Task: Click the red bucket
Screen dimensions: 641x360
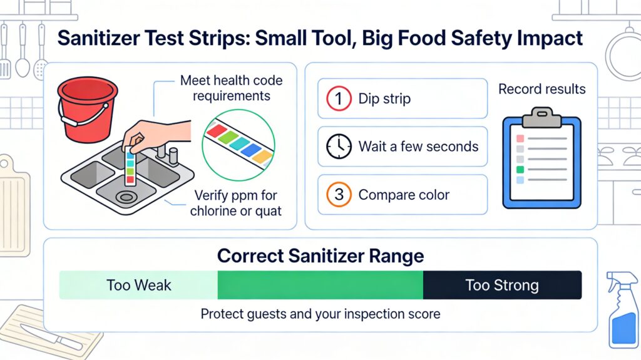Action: point(87,110)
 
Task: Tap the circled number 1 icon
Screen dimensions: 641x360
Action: point(339,98)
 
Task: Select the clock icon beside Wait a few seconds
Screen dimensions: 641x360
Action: point(339,147)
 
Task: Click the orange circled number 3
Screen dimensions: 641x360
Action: point(339,195)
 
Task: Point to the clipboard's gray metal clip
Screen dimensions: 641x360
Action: point(541,117)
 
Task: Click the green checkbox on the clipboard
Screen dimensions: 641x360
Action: point(520,170)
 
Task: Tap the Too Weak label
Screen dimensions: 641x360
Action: point(138,285)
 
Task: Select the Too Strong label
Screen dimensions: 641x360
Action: point(502,285)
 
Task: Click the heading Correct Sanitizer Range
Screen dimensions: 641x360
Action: point(320,256)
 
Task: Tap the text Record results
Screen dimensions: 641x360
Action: point(541,89)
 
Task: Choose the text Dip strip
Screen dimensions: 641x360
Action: point(384,99)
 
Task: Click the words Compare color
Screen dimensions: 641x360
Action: point(404,195)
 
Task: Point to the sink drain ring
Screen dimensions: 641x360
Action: point(126,197)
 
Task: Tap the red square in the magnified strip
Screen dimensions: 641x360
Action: point(217,130)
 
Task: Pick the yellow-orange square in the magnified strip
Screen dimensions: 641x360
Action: point(262,157)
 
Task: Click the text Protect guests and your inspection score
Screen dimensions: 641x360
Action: point(320,314)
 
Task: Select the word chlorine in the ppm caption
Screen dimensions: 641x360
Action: point(213,211)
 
